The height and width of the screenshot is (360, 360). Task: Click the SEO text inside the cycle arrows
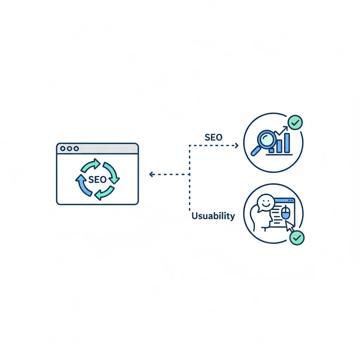(x=97, y=179)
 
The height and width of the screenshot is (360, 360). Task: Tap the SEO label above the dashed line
(x=213, y=137)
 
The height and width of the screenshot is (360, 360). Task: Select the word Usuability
(x=213, y=216)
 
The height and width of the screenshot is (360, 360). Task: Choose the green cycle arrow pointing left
(x=104, y=193)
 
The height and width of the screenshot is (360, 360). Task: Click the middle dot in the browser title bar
(x=69, y=149)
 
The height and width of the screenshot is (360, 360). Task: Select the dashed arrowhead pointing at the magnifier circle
(x=236, y=145)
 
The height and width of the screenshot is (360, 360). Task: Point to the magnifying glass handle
(x=255, y=152)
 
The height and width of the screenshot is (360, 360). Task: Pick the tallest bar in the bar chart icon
(x=287, y=142)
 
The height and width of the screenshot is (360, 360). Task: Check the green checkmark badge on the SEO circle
(x=295, y=122)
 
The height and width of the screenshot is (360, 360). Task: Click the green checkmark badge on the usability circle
(x=297, y=238)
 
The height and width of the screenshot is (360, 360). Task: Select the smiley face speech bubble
(x=264, y=203)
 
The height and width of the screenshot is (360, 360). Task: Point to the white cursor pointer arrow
(x=289, y=226)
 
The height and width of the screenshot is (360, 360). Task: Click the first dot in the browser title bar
(x=63, y=149)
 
